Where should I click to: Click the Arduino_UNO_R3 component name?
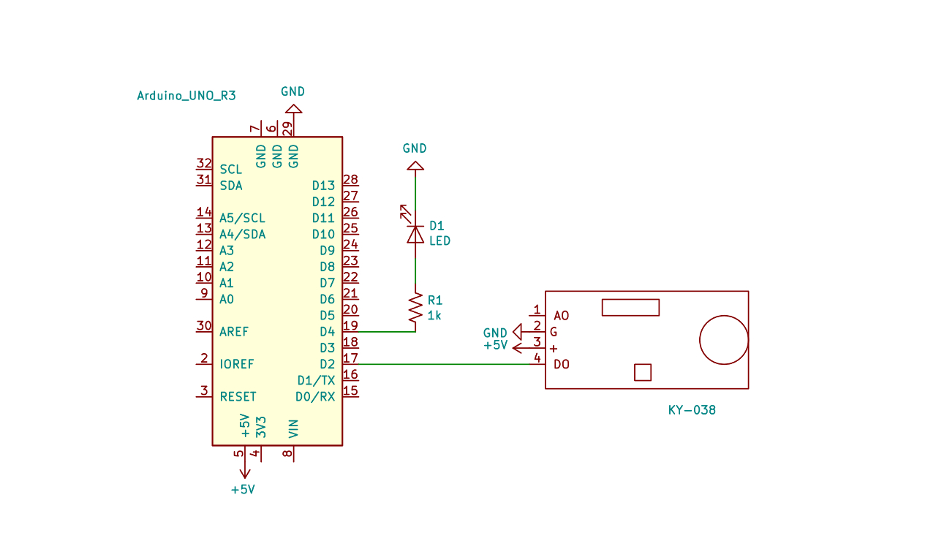tap(186, 96)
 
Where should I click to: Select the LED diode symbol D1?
tap(415, 234)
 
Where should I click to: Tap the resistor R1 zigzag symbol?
tap(415, 309)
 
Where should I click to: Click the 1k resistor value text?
tap(434, 316)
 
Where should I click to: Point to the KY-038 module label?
tap(692, 410)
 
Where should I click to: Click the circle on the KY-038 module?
tap(724, 340)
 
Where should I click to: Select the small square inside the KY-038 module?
tap(642, 372)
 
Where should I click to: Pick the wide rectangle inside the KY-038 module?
tap(630, 307)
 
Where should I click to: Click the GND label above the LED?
tap(415, 148)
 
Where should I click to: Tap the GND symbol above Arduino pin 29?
tap(292, 110)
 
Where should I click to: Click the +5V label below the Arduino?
tap(243, 489)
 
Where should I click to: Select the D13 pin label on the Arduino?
tap(323, 186)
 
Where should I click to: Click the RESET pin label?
tap(238, 396)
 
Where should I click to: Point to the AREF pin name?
tap(234, 332)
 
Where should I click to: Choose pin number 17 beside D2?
tap(350, 358)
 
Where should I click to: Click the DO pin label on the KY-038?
tap(562, 364)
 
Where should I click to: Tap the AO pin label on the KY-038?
tap(562, 316)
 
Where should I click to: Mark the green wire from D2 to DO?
tap(446, 364)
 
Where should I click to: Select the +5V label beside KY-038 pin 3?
tap(495, 345)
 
